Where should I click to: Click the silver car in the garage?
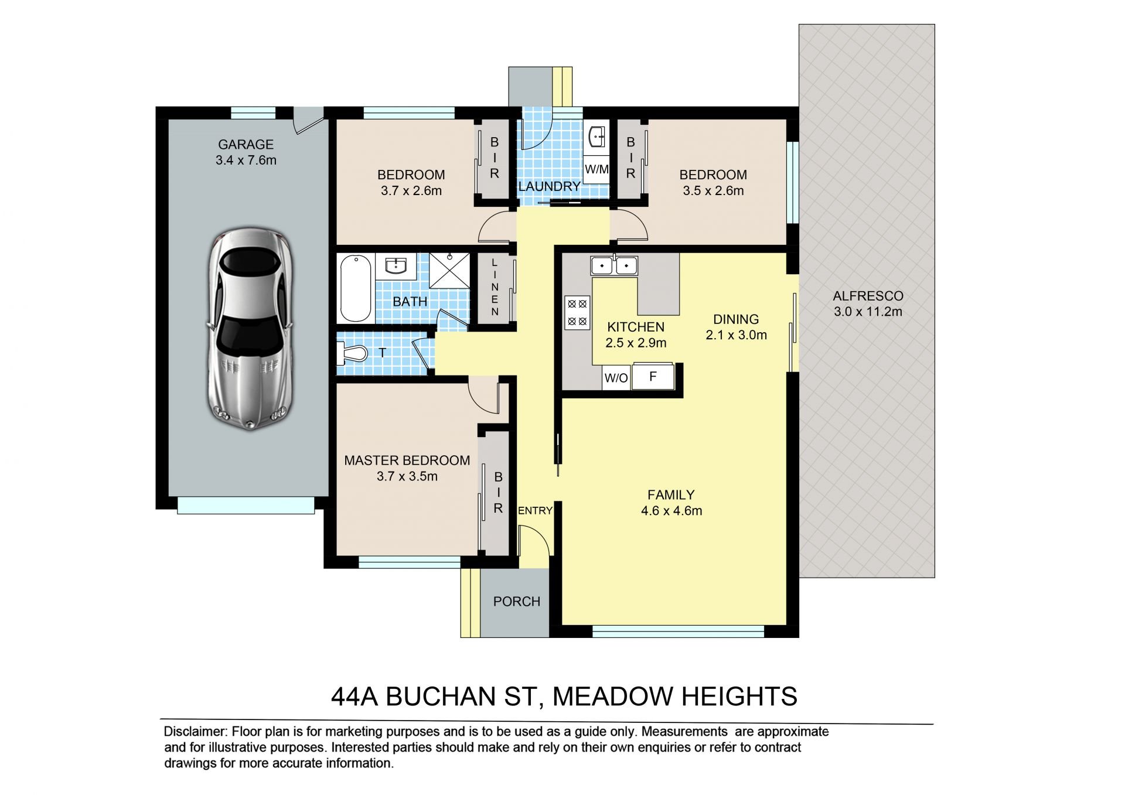(250, 330)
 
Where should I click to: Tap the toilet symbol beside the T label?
(352, 353)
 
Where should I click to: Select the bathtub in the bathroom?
(356, 288)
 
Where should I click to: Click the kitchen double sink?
(614, 266)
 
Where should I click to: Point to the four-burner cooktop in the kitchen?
(577, 312)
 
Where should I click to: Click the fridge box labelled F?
(653, 376)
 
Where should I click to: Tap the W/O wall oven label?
(616, 378)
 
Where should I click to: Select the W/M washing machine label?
(596, 169)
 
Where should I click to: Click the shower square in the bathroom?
(449, 270)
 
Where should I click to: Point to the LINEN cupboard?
(495, 287)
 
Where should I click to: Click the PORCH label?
(517, 602)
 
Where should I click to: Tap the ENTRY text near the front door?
(536, 511)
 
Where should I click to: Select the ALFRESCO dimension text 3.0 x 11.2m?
(868, 312)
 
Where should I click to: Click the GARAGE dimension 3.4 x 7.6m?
(246, 160)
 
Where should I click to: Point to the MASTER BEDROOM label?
(407, 460)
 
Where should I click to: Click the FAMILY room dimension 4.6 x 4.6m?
(671, 511)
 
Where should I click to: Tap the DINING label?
(736, 319)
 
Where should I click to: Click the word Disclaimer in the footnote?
(195, 732)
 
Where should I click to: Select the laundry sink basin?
(596, 137)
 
